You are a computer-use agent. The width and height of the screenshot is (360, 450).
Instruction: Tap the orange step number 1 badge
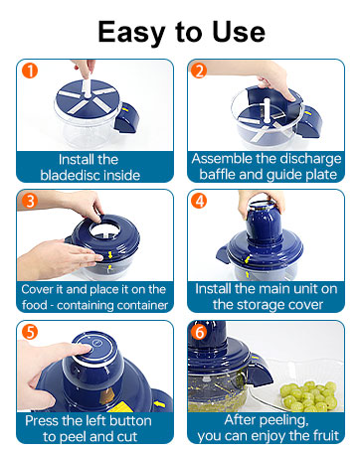pyautogui.click(x=31, y=72)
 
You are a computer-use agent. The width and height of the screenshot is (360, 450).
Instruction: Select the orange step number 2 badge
pyautogui.click(x=199, y=72)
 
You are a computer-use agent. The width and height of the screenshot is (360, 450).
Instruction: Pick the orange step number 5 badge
pyautogui.click(x=31, y=333)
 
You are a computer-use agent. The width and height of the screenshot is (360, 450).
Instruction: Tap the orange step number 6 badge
pyautogui.click(x=199, y=333)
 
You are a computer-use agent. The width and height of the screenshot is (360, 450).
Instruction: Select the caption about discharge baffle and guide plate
pyautogui.click(x=266, y=166)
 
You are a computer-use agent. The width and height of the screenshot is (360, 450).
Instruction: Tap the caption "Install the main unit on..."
pyautogui.click(x=266, y=296)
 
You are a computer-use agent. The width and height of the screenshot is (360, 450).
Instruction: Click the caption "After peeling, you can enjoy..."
pyautogui.click(x=266, y=426)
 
